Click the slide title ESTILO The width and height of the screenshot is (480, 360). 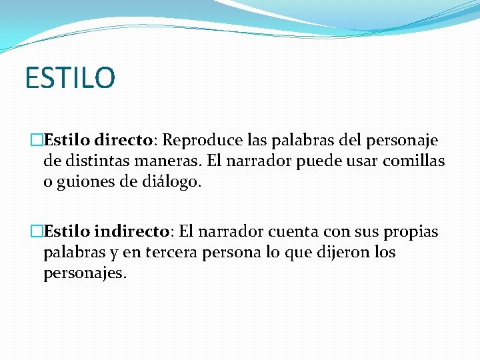tap(70, 77)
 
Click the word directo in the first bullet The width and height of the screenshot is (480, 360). tap(124, 141)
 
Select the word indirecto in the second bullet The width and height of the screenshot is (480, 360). tap(133, 231)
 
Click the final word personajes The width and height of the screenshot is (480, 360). tap(84, 273)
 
